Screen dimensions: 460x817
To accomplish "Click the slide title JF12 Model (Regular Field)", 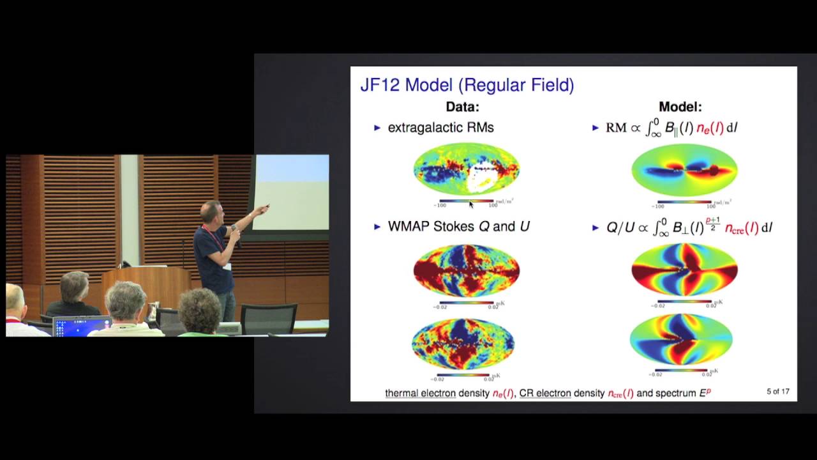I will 467,85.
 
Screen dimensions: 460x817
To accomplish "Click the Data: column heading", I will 462,107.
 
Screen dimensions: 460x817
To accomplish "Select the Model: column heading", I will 680,107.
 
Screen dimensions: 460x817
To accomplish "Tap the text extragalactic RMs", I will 440,128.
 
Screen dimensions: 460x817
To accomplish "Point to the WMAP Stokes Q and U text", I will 458,227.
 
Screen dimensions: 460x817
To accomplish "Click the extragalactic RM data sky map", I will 467,169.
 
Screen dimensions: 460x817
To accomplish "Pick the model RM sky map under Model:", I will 684,169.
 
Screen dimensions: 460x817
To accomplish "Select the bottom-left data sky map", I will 463,344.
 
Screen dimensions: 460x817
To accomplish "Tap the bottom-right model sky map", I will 681,339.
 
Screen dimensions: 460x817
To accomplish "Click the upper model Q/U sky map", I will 684,270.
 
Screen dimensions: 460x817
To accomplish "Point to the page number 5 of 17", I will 778,392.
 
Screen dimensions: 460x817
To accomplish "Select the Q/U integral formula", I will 689,227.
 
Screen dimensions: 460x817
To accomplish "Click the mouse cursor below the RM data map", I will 471,204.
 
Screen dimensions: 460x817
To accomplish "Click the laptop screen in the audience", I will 82,326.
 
